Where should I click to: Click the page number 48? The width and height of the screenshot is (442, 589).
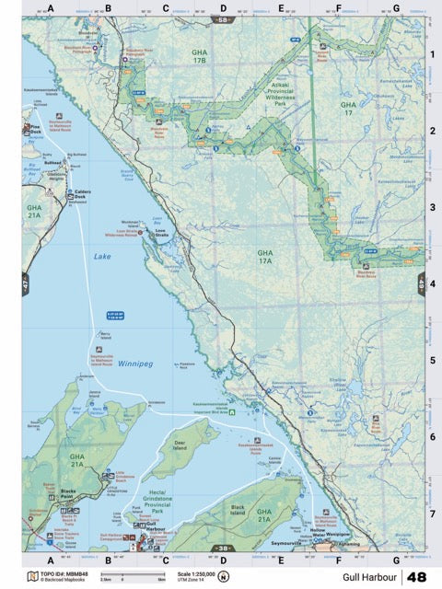(x=416, y=577)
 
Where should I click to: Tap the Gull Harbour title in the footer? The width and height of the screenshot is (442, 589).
(x=368, y=577)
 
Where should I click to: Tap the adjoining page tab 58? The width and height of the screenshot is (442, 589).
(x=221, y=18)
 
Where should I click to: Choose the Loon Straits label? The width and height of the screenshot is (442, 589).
(x=162, y=235)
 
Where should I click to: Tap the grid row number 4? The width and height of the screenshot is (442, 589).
(x=431, y=283)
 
